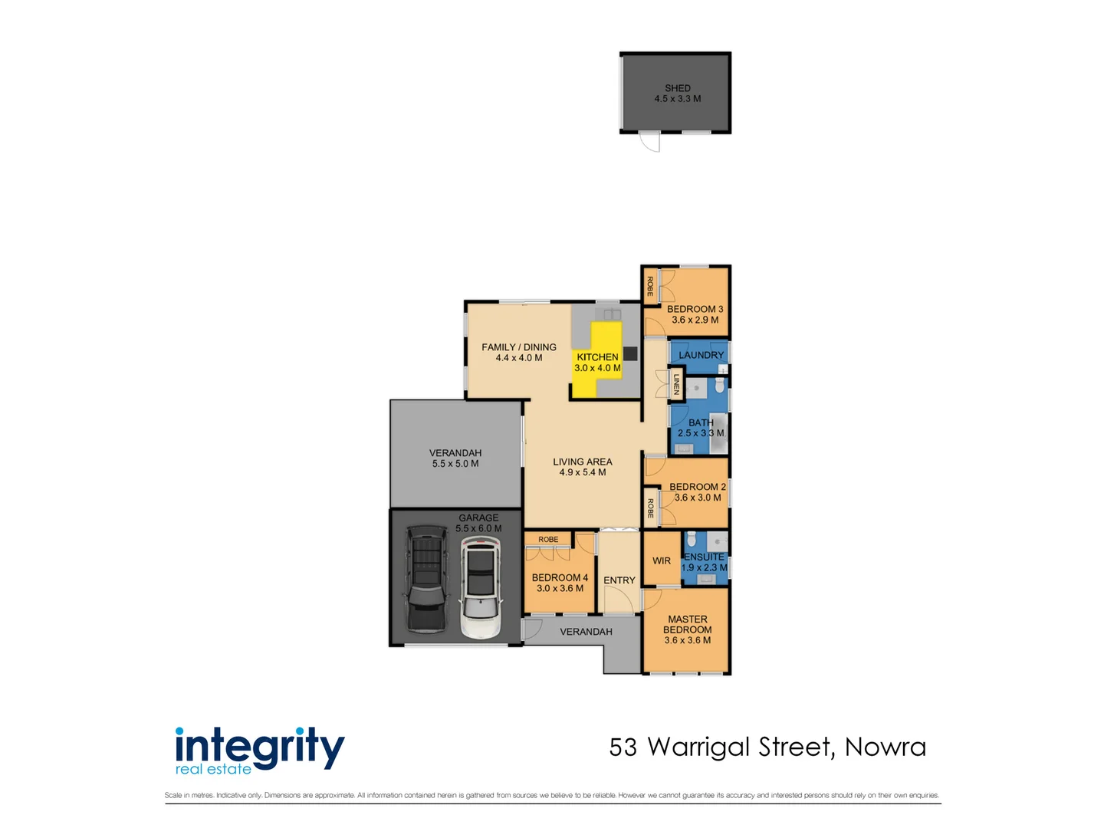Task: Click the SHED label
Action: [x=678, y=88]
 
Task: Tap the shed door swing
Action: [x=651, y=142]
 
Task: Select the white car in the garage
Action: [x=481, y=588]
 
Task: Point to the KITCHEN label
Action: [x=597, y=357]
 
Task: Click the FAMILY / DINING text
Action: [x=519, y=347]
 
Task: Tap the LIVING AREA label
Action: [x=583, y=462]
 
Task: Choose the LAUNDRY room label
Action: [x=701, y=355]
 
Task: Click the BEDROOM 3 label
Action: [x=695, y=309]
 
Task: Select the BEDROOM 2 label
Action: [x=697, y=487]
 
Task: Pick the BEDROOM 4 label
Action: [x=560, y=578]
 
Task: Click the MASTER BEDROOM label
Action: [x=688, y=625]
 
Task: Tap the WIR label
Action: [x=662, y=561]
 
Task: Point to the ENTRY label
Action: [x=619, y=580]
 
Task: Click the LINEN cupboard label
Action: [x=676, y=384]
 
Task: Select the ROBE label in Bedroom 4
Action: [x=548, y=540]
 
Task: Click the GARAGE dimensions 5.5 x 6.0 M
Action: [x=478, y=528]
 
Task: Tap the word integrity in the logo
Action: [x=260, y=746]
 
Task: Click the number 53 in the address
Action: [x=623, y=747]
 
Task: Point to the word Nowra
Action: [x=886, y=747]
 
